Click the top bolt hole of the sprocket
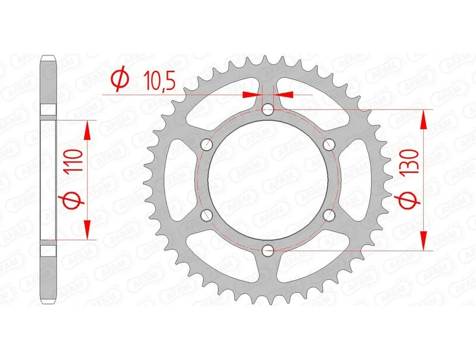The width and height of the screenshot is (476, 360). click(268, 109)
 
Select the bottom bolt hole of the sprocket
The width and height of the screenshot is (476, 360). click(268, 250)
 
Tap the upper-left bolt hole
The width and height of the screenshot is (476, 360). click(207, 145)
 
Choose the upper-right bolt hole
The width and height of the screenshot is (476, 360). click(328, 145)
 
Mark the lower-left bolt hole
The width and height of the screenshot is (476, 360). click(207, 215)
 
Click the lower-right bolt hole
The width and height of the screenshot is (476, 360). click(328, 215)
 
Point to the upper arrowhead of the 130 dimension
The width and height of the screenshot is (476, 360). click(424, 119)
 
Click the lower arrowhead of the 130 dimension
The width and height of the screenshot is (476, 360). click(424, 241)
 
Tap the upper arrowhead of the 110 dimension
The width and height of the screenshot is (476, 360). click(87, 130)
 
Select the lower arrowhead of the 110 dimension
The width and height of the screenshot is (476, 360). click(87, 229)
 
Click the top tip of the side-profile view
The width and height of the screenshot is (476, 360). click(48, 58)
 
